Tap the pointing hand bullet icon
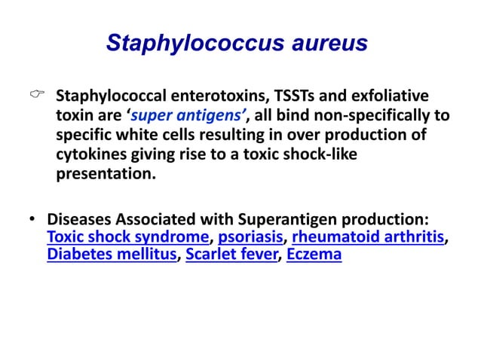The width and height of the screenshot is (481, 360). click(x=35, y=96)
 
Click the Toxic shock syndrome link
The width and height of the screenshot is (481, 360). click(x=127, y=237)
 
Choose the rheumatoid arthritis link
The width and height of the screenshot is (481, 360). click(x=367, y=237)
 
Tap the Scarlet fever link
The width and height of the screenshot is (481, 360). click(x=231, y=254)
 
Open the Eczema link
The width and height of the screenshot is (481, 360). click(x=314, y=254)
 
